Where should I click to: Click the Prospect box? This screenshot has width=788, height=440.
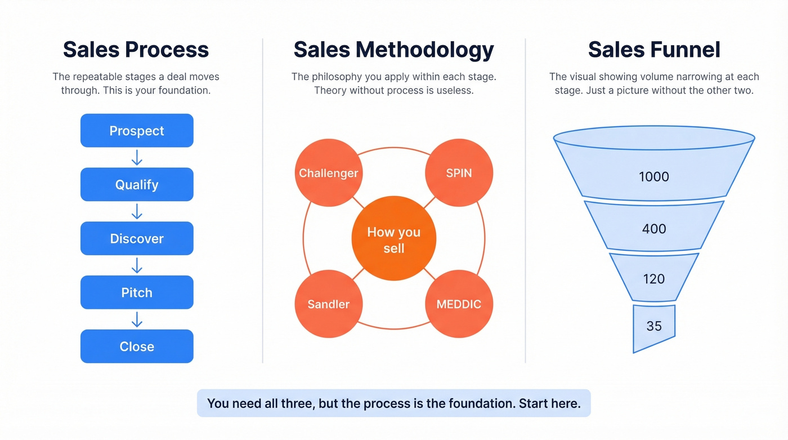point(137,131)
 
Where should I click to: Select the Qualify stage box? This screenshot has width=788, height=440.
point(137,185)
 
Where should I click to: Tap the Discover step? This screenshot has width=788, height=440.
point(137,239)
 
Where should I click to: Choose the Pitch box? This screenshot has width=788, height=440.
point(137,292)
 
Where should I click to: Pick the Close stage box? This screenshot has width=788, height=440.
point(137,346)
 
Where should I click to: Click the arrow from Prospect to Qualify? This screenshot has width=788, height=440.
point(137,158)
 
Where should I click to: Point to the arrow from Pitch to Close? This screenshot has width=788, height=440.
point(137,319)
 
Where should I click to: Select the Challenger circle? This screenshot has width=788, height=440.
point(329,173)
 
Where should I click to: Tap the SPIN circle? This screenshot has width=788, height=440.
point(459,173)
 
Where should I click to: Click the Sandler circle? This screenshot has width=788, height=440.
point(329,304)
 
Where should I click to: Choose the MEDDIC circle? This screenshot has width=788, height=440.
point(459,304)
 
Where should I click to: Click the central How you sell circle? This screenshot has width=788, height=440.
point(393,240)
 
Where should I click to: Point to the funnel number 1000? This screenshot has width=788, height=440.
point(654,176)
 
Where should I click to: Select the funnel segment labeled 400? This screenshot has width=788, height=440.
point(654,228)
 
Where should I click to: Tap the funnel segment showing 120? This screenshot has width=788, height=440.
point(654,278)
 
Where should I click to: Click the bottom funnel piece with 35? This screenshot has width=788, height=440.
point(654,326)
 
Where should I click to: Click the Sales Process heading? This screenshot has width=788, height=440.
point(136,50)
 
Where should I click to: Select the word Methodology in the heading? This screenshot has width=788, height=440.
point(425,50)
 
